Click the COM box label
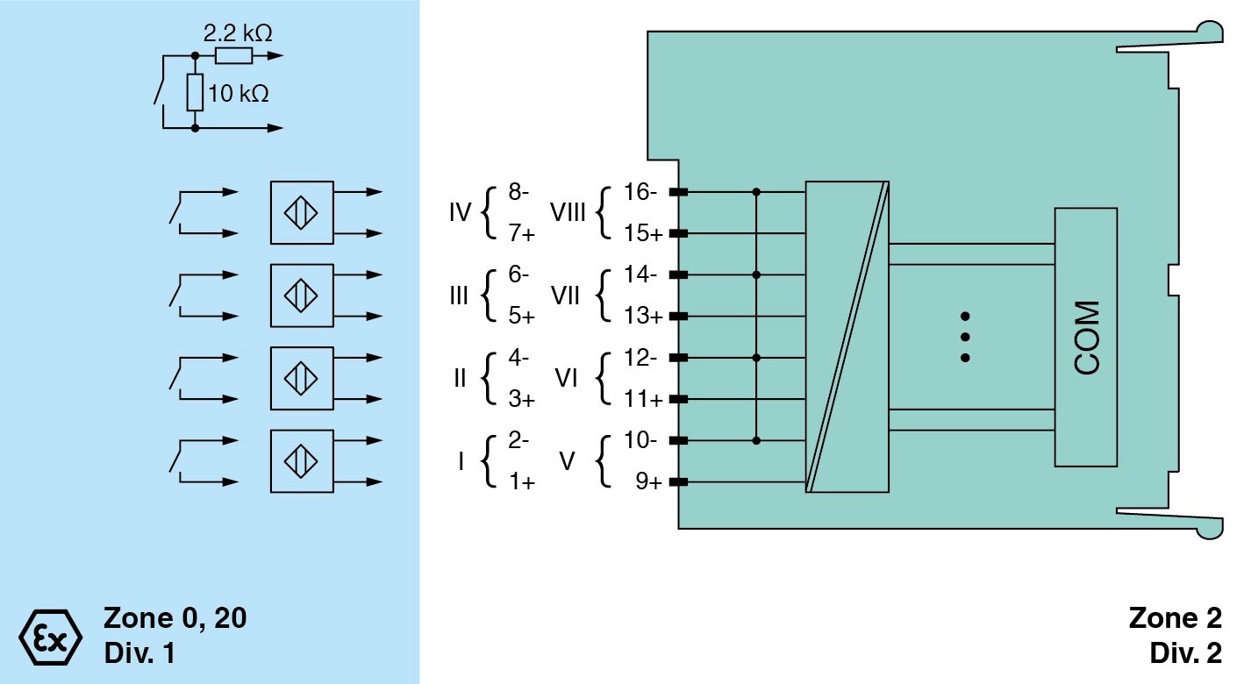coord(1086,338)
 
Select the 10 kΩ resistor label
coord(238,93)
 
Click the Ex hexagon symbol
coord(50,634)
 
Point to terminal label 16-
coord(641,192)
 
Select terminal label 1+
coord(521,481)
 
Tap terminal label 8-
coord(518,192)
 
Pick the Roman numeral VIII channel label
coord(568,212)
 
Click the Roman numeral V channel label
coord(568,460)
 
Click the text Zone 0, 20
coord(175,618)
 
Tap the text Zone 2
coord(1175,618)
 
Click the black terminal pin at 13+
coord(677,317)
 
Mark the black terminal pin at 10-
coord(677,440)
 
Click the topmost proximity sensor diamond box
coord(302,212)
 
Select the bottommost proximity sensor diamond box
coord(302,460)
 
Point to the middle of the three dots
coord(965,337)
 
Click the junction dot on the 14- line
coord(756,274)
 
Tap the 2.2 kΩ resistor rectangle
coord(233,57)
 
